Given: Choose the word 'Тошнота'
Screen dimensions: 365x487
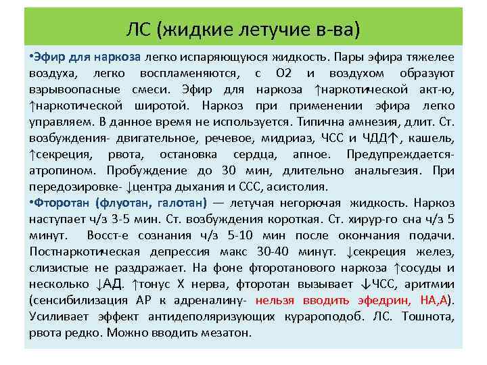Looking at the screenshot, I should [427, 316].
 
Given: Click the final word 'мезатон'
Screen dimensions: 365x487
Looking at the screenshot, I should [228, 332].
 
